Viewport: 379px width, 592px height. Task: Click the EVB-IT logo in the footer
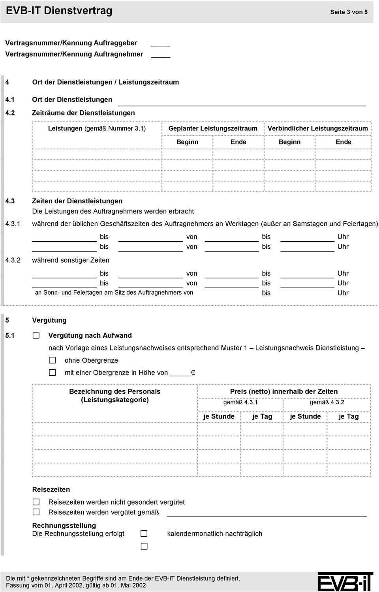point(345,582)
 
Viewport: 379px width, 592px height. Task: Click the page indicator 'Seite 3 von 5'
point(349,12)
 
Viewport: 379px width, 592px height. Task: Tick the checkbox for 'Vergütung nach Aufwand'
point(36,335)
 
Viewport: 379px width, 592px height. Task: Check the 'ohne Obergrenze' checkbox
point(52,360)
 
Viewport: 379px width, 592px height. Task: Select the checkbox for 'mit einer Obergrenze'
point(52,373)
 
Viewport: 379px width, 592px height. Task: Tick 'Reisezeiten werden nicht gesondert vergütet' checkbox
point(36,502)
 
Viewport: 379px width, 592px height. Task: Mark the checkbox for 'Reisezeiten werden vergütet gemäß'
point(36,512)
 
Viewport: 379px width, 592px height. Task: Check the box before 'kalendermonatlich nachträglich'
point(144,533)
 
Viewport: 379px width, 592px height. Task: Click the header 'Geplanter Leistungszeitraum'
point(213,128)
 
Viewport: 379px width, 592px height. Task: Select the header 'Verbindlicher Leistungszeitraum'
point(317,128)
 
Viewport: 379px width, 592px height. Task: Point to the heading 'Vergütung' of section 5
point(49,320)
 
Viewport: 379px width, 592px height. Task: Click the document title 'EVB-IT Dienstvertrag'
point(59,11)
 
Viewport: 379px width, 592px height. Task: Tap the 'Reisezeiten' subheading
point(51,489)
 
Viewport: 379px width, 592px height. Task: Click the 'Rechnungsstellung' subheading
point(64,525)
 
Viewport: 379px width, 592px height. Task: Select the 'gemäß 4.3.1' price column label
point(240,402)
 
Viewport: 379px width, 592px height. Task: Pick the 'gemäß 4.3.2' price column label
point(327,402)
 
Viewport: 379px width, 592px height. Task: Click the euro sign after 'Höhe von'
point(193,373)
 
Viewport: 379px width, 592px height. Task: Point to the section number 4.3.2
point(13,260)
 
